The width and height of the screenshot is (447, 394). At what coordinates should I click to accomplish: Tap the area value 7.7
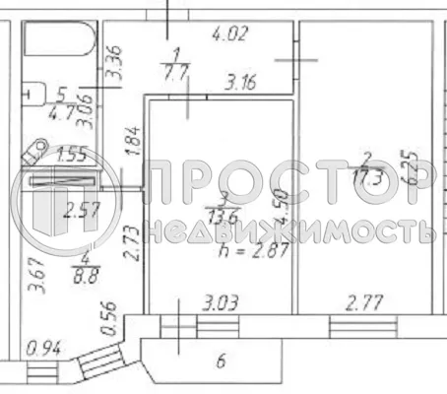(177, 71)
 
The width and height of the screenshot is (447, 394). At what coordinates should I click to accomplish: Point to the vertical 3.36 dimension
(113, 61)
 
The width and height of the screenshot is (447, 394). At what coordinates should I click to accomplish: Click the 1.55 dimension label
(71, 155)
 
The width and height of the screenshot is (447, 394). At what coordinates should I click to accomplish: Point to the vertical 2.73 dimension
(130, 240)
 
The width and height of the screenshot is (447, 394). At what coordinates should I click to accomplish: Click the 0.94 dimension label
(40, 346)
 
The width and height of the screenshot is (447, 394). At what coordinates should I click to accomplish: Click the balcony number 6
(221, 361)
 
